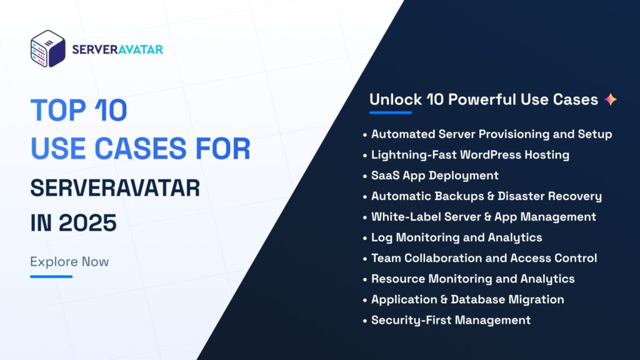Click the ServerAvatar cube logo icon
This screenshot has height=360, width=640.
click(x=48, y=49)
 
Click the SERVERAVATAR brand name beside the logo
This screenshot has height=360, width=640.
click(x=117, y=49)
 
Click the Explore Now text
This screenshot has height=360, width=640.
click(x=69, y=261)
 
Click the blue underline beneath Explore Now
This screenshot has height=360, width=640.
click(x=51, y=276)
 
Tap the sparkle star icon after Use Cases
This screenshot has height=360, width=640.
click(x=611, y=99)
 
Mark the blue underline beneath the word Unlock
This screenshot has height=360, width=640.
click(x=391, y=113)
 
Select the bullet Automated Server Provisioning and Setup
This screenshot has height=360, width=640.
click(x=491, y=134)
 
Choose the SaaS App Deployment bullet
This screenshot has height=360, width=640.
click(x=434, y=175)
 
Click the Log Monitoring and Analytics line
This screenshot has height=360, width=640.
click(x=456, y=237)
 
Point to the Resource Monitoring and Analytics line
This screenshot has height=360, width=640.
click(x=472, y=278)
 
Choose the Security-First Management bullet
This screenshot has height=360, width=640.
click(x=451, y=319)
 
